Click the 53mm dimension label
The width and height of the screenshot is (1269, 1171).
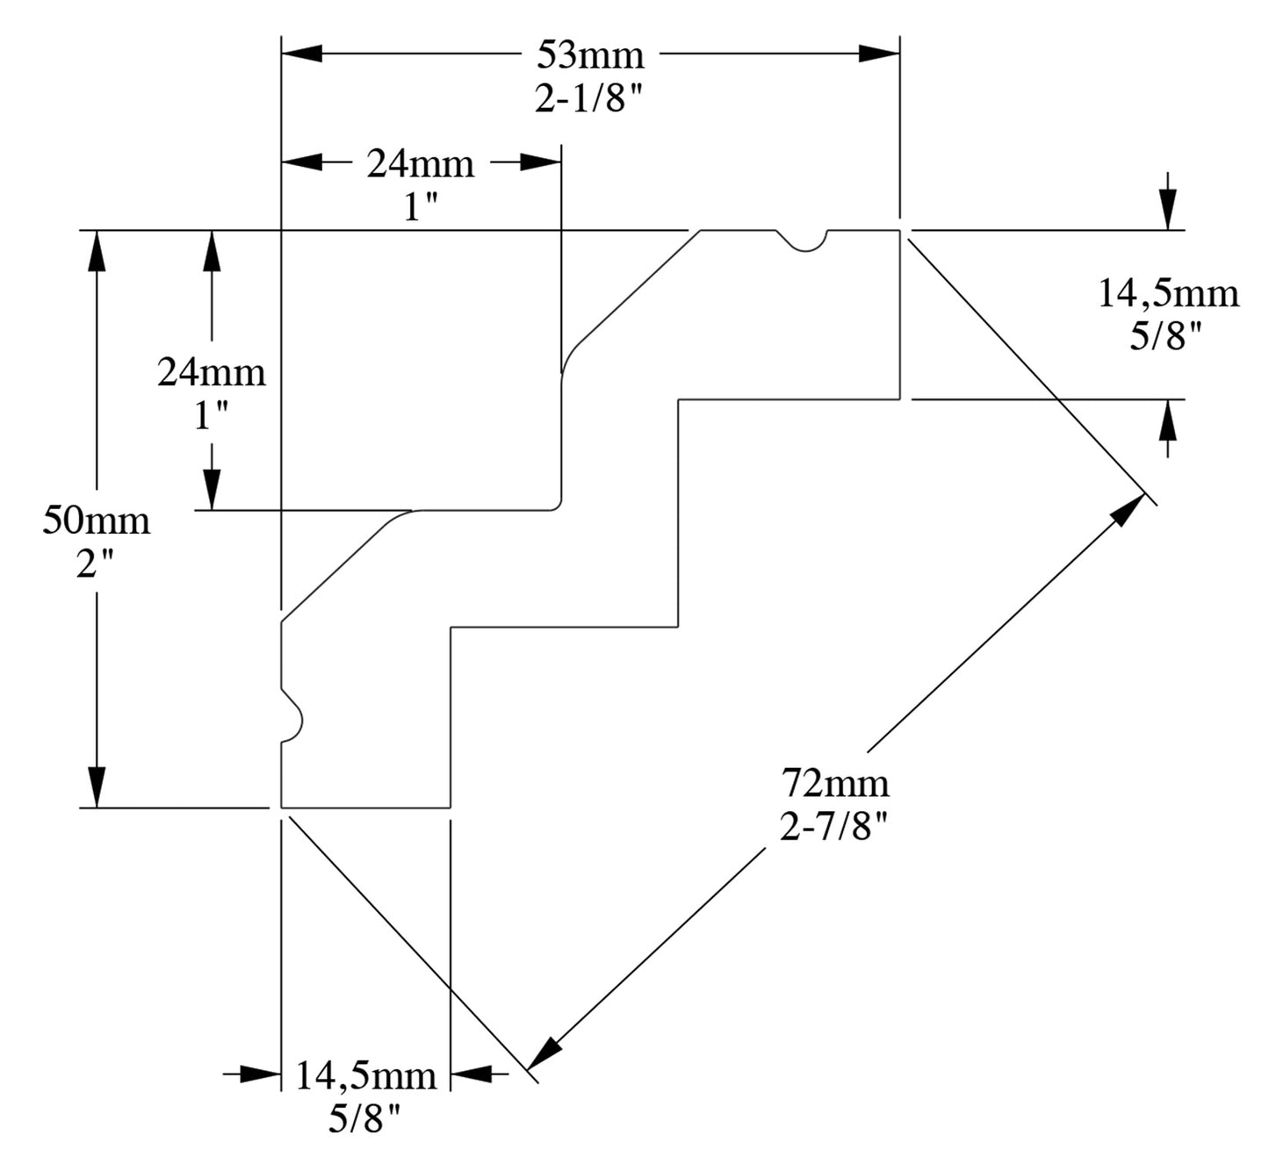coord(590,55)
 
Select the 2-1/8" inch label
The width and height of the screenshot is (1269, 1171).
coord(590,100)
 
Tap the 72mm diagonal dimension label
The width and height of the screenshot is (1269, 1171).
coord(835,780)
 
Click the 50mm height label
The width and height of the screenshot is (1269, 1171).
coord(96,521)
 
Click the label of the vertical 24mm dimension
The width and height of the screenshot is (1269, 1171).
coord(211,373)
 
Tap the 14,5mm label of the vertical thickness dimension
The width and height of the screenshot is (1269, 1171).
coord(1168,293)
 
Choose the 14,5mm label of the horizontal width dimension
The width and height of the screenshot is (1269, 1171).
coord(365,1075)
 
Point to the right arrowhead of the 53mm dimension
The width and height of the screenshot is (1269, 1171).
coord(879,54)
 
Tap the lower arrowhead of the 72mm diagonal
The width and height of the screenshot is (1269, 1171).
coord(546,1051)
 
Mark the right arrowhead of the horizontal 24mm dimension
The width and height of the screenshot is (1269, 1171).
coord(540,162)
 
